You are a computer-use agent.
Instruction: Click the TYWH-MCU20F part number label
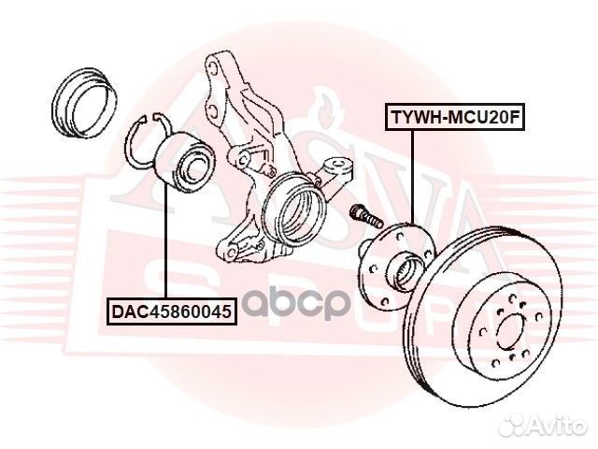click(x=455, y=117)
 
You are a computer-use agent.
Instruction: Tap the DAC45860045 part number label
click(x=172, y=311)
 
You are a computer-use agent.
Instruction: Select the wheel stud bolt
click(x=365, y=216)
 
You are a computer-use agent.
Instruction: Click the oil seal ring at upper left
click(x=84, y=103)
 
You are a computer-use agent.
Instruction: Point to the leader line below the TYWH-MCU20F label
click(x=412, y=178)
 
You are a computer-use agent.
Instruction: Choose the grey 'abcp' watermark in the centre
click(x=296, y=304)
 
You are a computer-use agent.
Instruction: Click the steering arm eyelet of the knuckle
click(x=338, y=166)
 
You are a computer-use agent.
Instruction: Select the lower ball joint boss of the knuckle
click(x=230, y=252)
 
